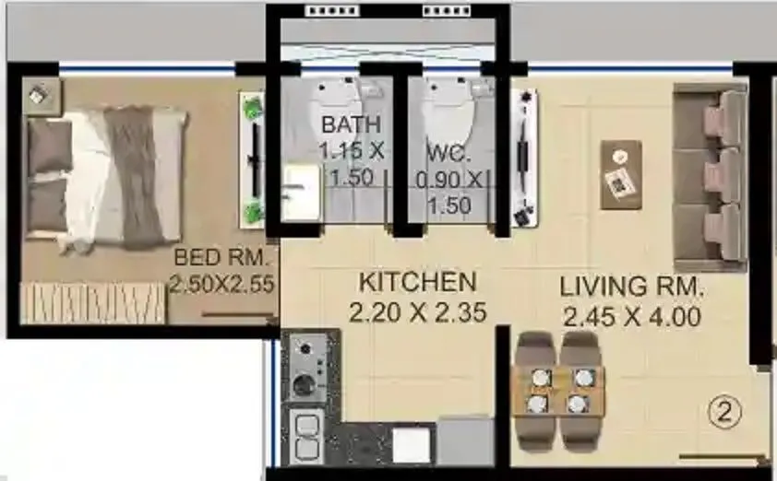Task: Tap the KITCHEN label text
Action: [x=417, y=282]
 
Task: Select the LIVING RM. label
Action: [x=631, y=287]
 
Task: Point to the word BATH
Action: [x=351, y=124]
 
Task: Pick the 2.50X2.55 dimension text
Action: [x=222, y=285]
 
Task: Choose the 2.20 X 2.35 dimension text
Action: [x=418, y=313]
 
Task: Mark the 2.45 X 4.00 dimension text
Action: [x=631, y=318]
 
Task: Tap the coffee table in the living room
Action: [x=621, y=173]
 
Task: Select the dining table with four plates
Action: [x=557, y=391]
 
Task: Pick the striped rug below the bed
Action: [x=92, y=302]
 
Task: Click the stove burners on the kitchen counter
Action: [x=305, y=365]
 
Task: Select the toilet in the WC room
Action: [x=447, y=111]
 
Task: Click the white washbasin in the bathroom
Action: [x=299, y=191]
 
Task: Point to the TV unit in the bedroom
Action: [x=252, y=158]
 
